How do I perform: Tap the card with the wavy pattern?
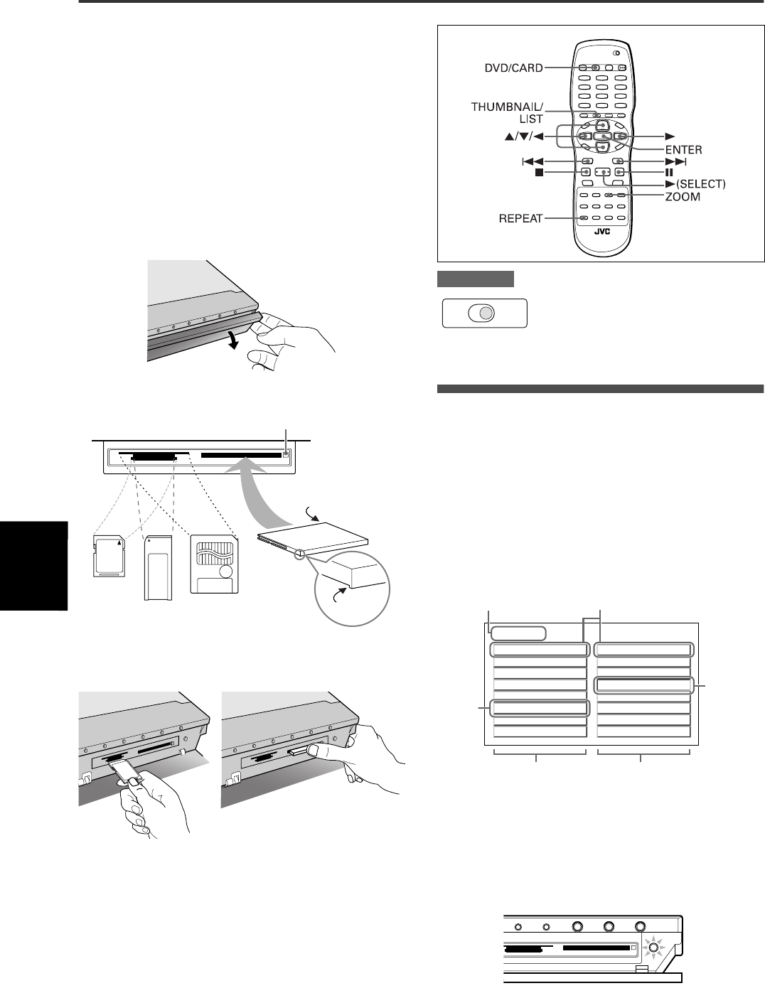coord(215,565)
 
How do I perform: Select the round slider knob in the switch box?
coord(483,313)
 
